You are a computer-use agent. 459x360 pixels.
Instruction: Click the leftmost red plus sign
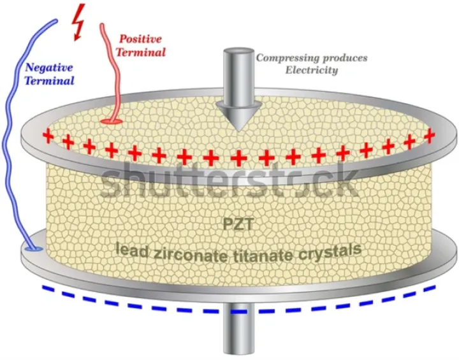(x=47, y=136)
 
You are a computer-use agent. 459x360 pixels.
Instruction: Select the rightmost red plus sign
(x=430, y=135)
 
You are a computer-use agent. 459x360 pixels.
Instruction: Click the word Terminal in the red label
(x=144, y=50)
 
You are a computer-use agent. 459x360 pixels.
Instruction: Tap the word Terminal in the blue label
(x=48, y=81)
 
